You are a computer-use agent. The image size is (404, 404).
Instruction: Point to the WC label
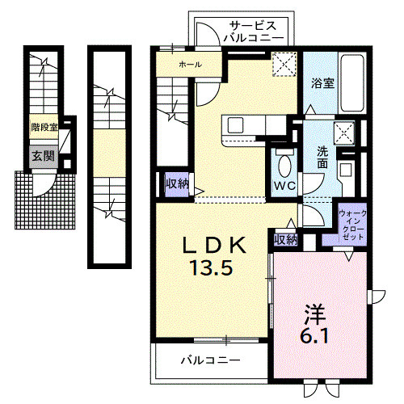284,186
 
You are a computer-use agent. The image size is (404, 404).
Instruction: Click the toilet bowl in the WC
284,165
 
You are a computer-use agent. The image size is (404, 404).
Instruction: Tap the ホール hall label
191,64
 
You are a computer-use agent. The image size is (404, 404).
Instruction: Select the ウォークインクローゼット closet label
353,225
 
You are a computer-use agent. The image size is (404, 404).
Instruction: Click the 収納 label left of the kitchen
177,184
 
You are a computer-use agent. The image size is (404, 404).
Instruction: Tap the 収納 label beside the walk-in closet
284,239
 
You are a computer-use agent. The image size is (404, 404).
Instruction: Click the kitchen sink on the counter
236,125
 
